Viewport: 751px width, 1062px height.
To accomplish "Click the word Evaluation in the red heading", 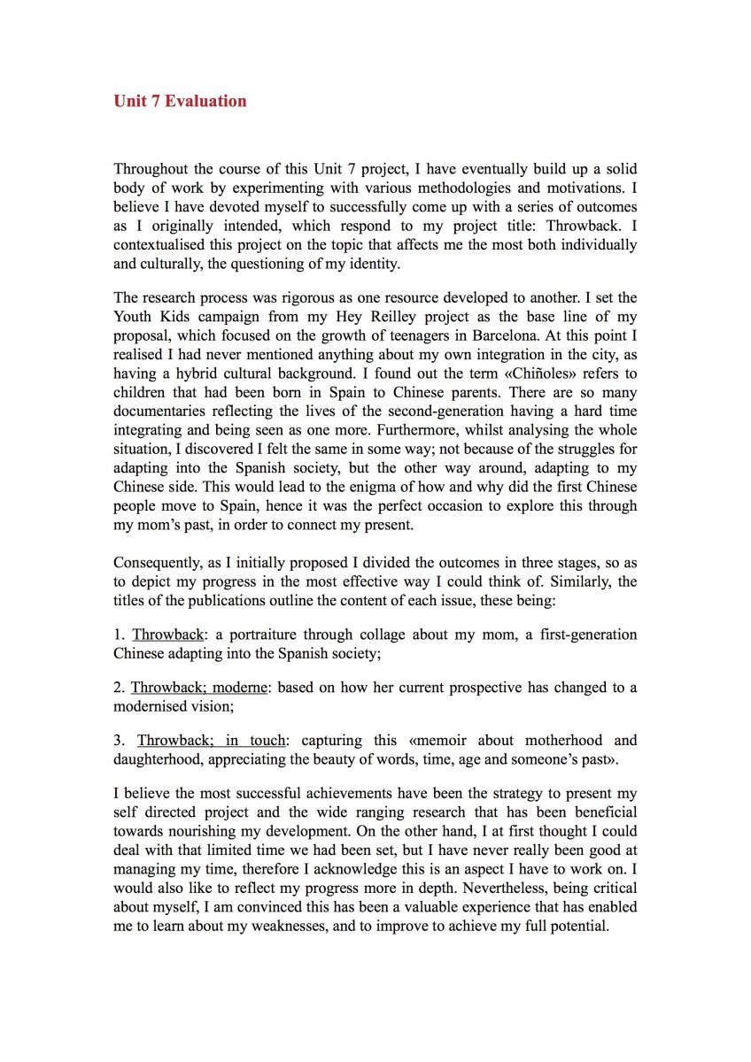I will (x=205, y=101).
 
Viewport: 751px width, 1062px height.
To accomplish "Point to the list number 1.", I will (x=118, y=635).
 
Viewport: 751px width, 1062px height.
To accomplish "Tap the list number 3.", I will (x=119, y=740).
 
